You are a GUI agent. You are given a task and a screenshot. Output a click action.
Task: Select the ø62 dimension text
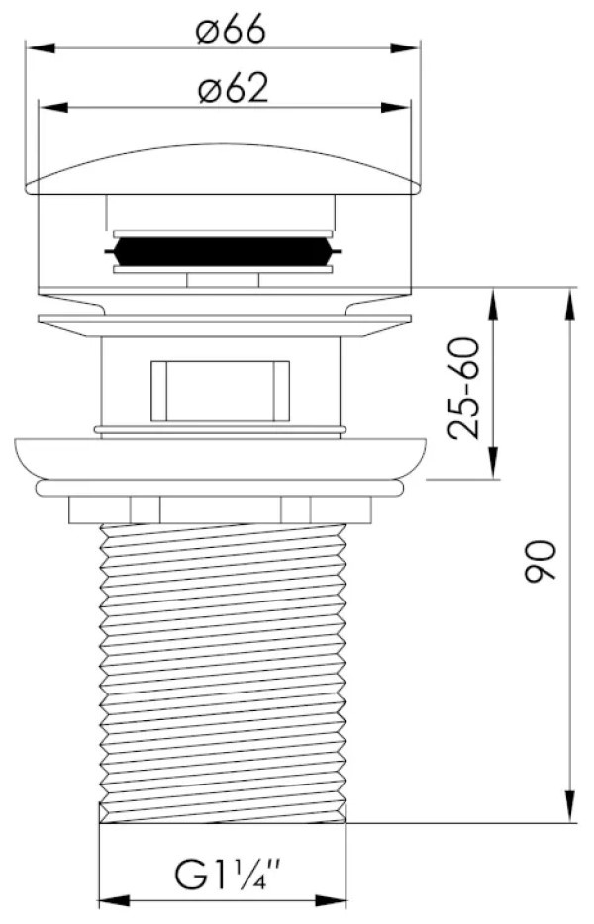tap(234, 89)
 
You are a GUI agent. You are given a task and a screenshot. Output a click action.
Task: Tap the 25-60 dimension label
tap(464, 388)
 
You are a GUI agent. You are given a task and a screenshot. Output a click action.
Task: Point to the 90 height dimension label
tap(541, 560)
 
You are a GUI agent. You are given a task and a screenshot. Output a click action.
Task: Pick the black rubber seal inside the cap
tap(223, 251)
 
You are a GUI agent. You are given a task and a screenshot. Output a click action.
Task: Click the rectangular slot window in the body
tap(220, 391)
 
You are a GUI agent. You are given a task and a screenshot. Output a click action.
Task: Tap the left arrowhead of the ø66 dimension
tap(41, 47)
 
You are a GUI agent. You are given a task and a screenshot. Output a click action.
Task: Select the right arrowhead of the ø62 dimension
tap(395, 108)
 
